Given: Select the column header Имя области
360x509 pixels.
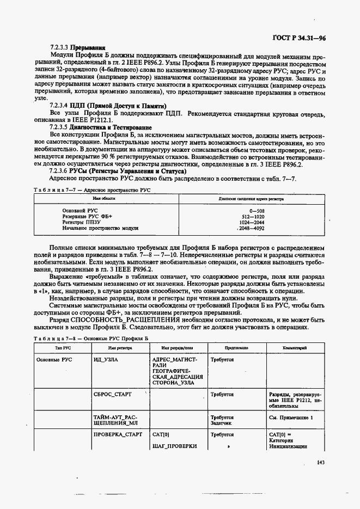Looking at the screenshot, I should coord(102,199).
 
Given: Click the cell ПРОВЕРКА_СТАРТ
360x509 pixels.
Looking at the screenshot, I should coord(118,434).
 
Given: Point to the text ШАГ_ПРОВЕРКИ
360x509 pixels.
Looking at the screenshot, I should coord(174,446).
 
